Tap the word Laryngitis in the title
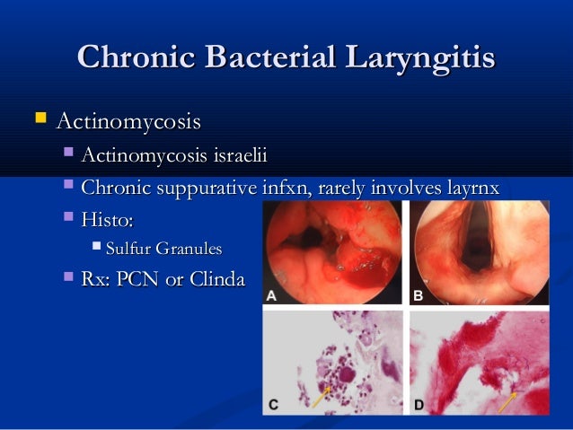click(422, 57)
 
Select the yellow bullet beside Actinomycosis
click(37, 118)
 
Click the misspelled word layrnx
click(466, 188)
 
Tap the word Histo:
click(111, 218)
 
